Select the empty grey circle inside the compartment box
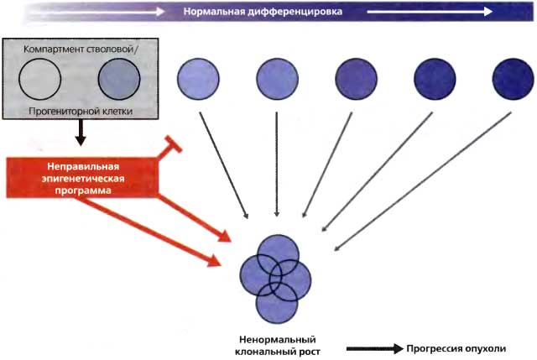click(40, 82)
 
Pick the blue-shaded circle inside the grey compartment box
click(118, 82)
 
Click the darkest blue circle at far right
click(514, 80)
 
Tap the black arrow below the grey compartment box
click(81, 132)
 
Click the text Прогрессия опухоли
click(456, 347)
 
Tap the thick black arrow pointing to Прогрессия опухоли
click(372, 347)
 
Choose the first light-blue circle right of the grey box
click(198, 80)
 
